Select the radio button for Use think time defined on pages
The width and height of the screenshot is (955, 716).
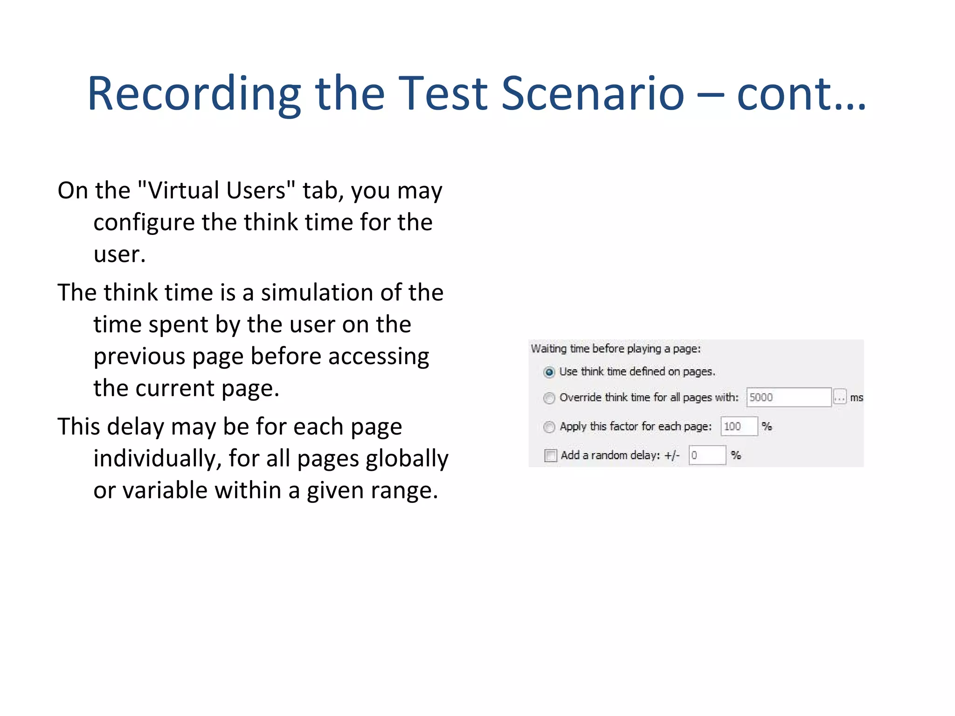coord(549,372)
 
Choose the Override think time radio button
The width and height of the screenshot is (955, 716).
coord(549,398)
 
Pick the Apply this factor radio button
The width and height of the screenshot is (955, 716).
coord(549,427)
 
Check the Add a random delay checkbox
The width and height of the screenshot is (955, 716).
coord(551,455)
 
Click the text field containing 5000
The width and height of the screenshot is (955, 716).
coord(788,398)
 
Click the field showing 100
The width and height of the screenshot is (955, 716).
coord(739,427)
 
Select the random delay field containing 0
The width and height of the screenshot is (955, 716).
coord(707,455)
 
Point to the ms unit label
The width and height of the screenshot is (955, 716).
coord(856,398)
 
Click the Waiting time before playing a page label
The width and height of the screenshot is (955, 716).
coord(616,349)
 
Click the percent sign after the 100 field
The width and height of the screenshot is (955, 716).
coord(767,427)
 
